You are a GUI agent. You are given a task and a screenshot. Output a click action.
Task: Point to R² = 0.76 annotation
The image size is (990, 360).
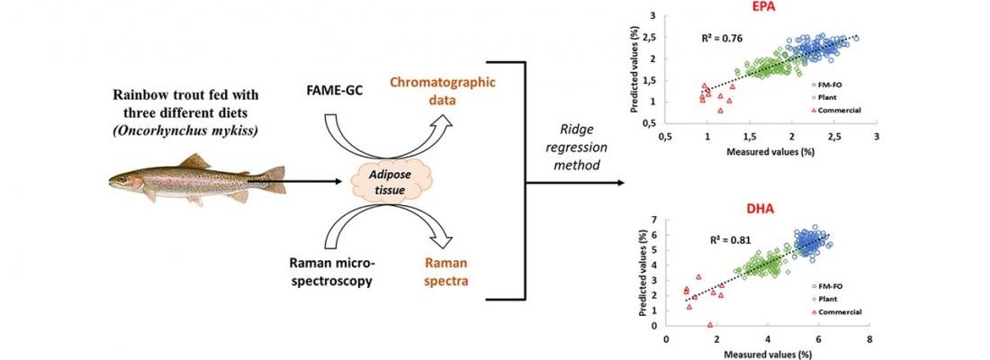pyautogui.click(x=723, y=38)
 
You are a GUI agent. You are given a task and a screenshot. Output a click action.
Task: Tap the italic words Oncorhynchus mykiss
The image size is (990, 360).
pyautogui.click(x=187, y=132)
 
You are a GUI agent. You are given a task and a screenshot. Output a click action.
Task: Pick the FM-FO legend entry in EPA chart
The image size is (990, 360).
pyautogui.click(x=827, y=84)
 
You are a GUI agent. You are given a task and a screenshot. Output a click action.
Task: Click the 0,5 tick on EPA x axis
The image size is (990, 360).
pyautogui.click(x=664, y=136)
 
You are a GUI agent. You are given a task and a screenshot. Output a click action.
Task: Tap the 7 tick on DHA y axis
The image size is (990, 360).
pyautogui.click(x=654, y=219)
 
